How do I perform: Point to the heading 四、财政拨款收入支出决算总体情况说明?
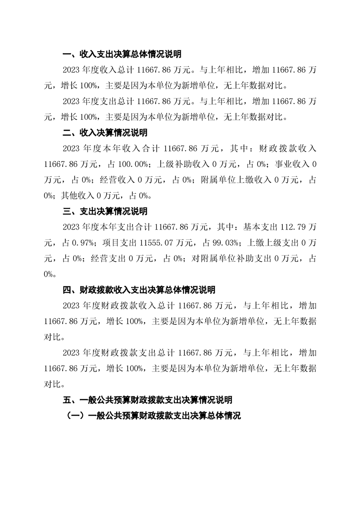[x=138, y=289]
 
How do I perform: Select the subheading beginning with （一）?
[x=153, y=416]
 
